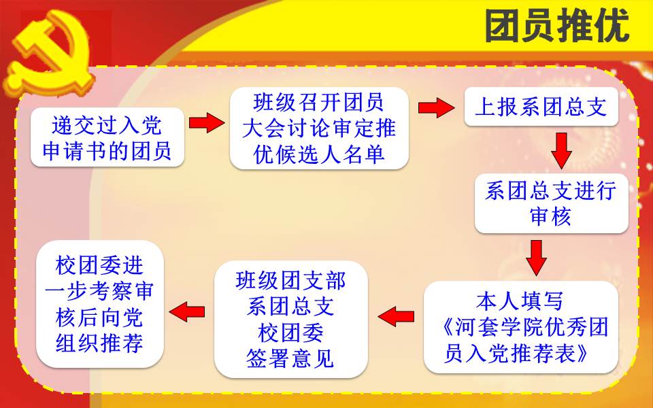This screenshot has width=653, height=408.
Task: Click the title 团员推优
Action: click(557, 27)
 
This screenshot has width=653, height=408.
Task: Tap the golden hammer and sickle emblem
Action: click(50, 54)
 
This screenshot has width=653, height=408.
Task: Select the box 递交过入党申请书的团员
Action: click(107, 137)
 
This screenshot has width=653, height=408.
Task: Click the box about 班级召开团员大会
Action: click(319, 129)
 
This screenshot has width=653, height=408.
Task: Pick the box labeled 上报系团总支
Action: click(541, 107)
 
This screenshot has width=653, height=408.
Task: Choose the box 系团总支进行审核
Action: click(552, 203)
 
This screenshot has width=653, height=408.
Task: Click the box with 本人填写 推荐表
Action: click(521, 327)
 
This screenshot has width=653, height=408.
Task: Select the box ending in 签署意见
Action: click(290, 320)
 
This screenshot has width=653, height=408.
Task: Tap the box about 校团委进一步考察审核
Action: click(100, 304)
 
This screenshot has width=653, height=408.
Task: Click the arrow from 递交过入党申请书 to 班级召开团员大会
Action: click(207, 122)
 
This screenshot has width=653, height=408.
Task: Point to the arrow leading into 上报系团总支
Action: click(437, 107)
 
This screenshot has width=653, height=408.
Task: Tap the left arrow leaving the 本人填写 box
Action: click(396, 317)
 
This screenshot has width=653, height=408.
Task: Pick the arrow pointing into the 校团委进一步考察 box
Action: click(187, 312)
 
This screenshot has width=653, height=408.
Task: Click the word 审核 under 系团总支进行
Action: click(550, 217)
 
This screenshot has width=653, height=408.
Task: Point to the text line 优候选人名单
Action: click(319, 154)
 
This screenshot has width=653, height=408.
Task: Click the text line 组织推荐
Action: click(99, 343)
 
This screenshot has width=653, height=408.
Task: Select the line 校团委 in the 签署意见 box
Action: click(290, 333)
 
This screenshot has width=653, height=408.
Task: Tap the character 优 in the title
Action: click(612, 27)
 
